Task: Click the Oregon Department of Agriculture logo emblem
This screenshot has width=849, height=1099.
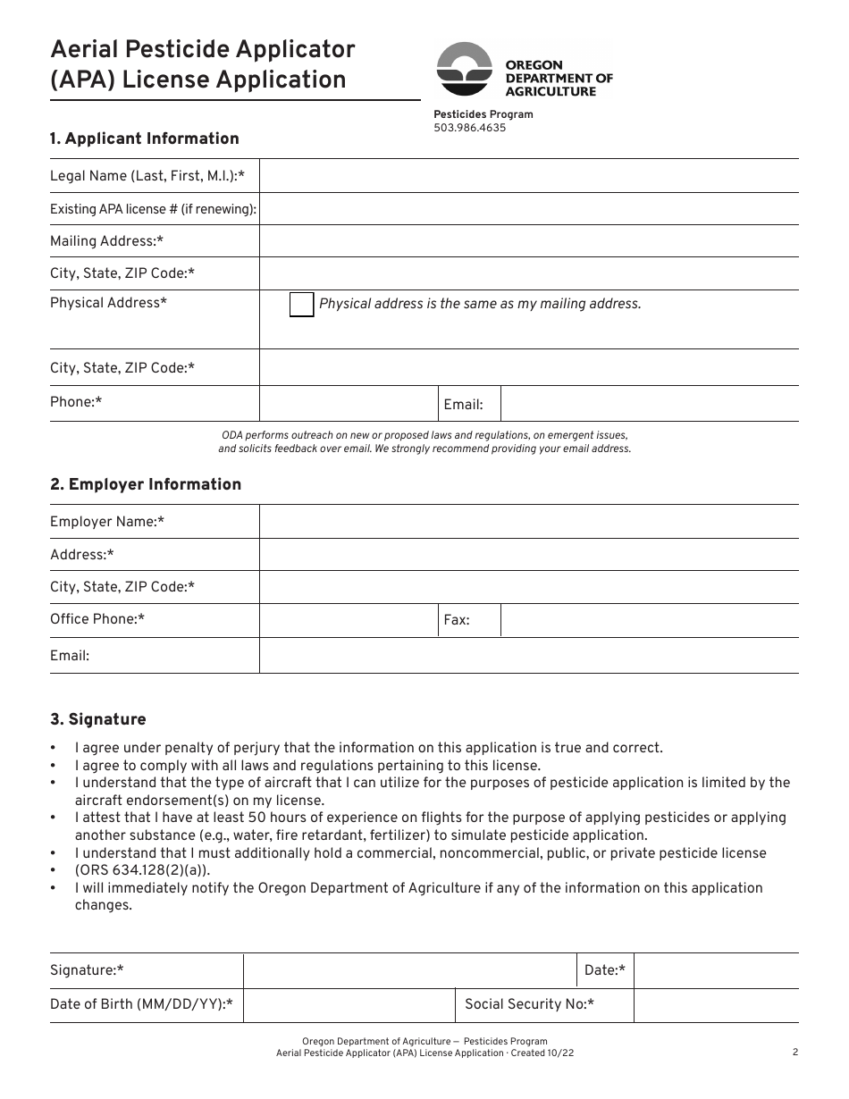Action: tap(464, 69)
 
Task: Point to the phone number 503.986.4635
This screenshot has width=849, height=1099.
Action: tap(469, 128)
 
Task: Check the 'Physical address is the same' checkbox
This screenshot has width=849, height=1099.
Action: tap(302, 304)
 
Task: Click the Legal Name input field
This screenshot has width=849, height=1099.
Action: tap(528, 176)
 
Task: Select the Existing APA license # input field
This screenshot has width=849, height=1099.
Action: tap(528, 209)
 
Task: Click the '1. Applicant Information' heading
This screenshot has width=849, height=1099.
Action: tap(145, 138)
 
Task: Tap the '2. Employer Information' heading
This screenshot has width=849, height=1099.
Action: tap(146, 484)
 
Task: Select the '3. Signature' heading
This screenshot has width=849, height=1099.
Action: tap(97, 719)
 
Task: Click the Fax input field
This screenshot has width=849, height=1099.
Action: tap(649, 620)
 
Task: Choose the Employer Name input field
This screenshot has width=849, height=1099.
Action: tap(528, 522)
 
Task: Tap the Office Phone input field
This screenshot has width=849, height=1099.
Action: tap(348, 620)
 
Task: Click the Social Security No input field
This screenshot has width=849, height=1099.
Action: tap(716, 1005)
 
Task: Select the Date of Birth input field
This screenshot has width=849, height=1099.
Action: tap(349, 1005)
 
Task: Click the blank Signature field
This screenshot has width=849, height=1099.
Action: tap(408, 970)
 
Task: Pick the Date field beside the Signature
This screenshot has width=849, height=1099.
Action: tap(716, 970)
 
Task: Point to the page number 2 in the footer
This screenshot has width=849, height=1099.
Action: tap(794, 1053)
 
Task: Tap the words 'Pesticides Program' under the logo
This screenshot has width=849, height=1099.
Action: tap(483, 114)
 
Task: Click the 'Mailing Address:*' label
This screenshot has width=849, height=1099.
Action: tap(106, 241)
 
